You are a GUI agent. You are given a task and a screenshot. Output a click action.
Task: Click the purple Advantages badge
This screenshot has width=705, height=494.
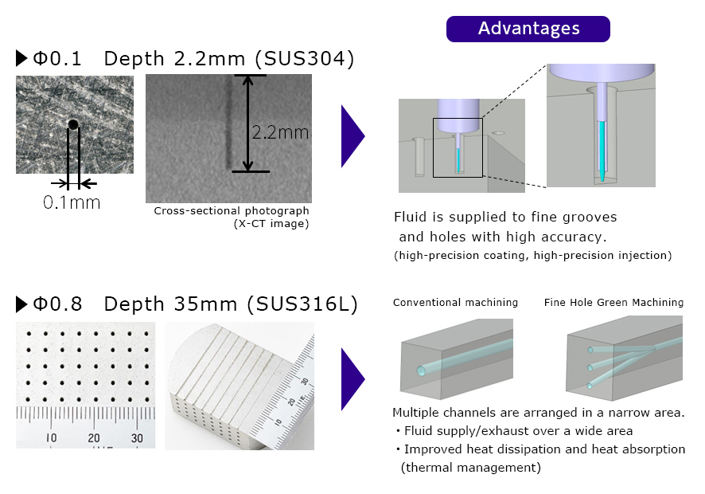coord(528,29)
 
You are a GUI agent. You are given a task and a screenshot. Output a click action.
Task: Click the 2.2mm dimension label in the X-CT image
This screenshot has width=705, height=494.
coord(279,133)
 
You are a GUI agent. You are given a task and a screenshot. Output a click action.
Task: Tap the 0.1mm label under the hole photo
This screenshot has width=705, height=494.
coord(72,202)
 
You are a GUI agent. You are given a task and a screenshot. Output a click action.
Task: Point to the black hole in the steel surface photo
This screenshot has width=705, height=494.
coord(73,124)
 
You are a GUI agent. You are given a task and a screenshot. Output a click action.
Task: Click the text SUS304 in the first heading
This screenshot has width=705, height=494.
coord(311,59)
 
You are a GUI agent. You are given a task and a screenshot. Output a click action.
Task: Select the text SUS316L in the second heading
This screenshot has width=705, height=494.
coord(302,304)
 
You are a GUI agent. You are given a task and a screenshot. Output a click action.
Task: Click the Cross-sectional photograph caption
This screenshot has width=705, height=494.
coord(232,211)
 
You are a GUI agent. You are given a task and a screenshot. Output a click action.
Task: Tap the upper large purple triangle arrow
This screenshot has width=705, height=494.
coord(352,137)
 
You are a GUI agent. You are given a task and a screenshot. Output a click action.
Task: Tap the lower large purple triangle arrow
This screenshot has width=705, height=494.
coord(352,378)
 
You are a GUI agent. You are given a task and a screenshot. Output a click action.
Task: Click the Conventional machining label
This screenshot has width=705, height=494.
coord(455,303)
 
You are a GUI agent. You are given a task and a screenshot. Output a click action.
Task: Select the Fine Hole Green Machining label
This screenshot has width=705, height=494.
coord(613,303)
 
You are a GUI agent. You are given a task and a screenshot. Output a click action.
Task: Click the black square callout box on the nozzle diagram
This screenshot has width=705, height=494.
coord(458,147)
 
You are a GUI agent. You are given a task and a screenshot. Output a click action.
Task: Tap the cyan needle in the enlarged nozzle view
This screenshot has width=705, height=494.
coord(601,147)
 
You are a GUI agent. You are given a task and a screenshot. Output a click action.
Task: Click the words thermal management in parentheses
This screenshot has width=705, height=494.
coord(470,468)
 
